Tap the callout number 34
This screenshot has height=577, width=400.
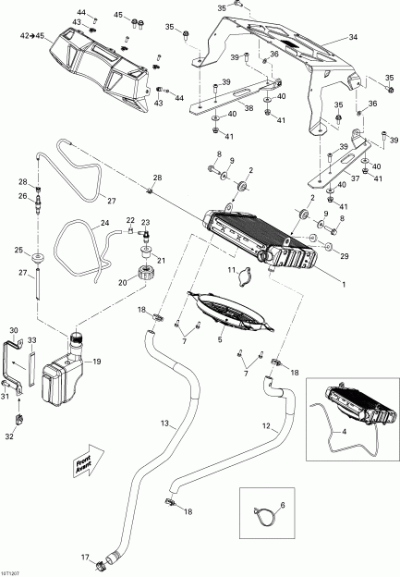(x=352, y=37)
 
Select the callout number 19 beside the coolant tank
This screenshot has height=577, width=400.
(x=97, y=362)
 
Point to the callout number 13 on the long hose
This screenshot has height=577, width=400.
(x=166, y=423)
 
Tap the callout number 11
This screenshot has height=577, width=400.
(x=233, y=269)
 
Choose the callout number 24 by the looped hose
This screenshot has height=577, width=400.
(x=104, y=223)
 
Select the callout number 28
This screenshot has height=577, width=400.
(x=157, y=178)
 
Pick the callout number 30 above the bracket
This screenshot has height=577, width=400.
(x=14, y=330)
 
